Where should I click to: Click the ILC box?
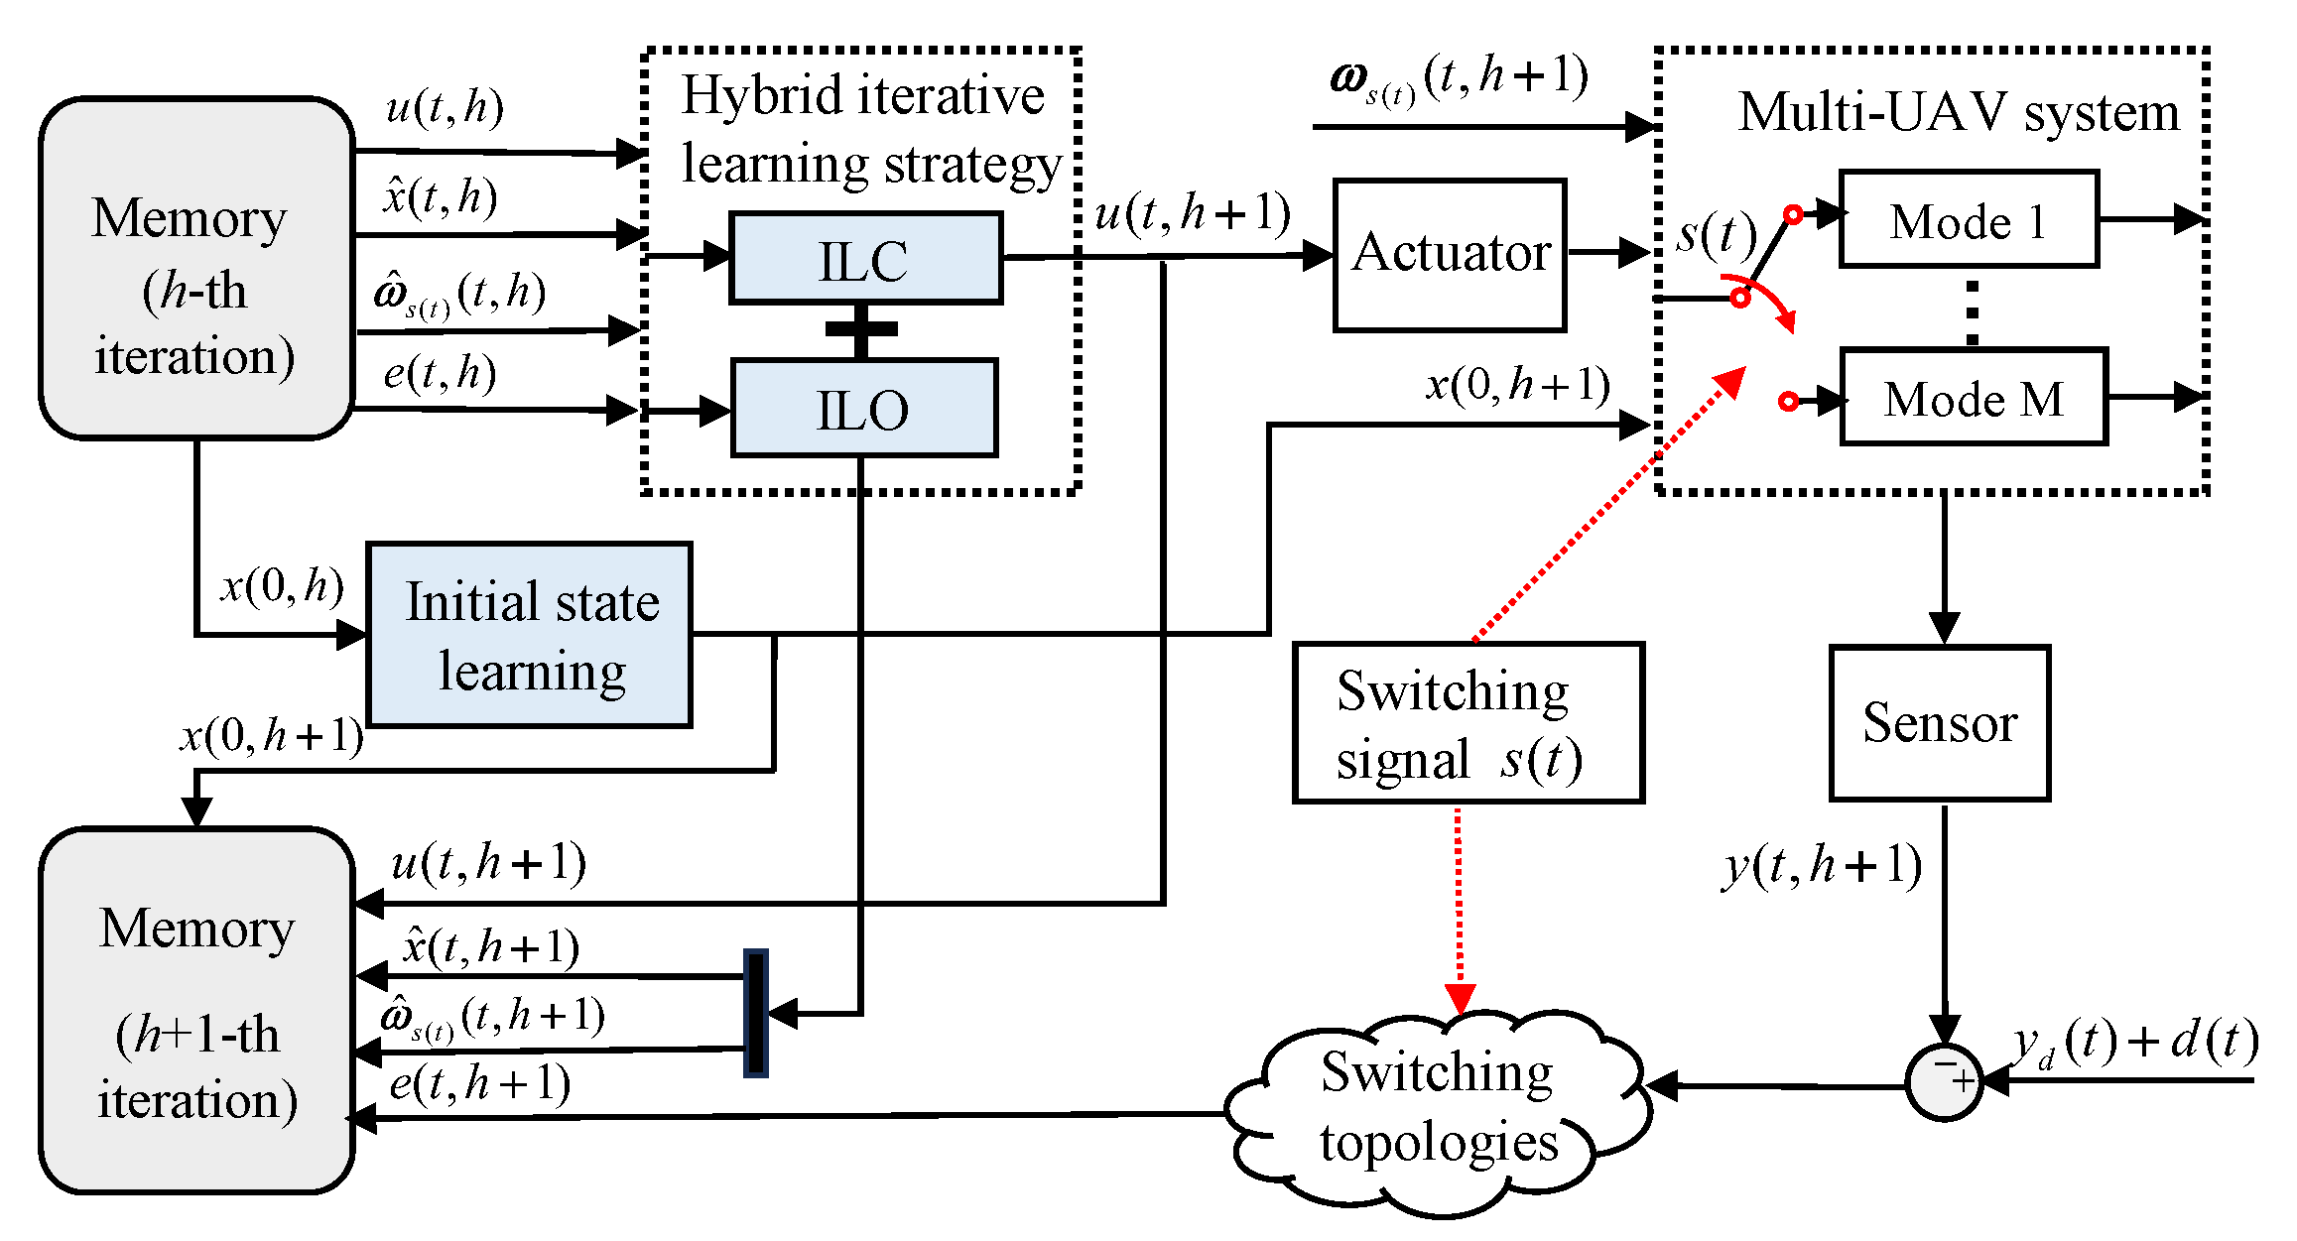pyautogui.click(x=864, y=259)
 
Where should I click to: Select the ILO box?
pyautogui.click(x=863, y=409)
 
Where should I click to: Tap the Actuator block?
pyautogui.click(x=1450, y=254)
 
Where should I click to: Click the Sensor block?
pyautogui.click(x=1940, y=723)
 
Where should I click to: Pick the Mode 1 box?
pyautogui.click(x=1969, y=220)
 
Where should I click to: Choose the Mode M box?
pyautogui.click(x=1974, y=398)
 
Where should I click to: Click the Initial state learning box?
pyautogui.click(x=530, y=636)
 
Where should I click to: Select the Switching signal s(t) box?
pyautogui.click(x=1468, y=723)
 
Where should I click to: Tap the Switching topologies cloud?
pyautogui.click(x=1439, y=1108)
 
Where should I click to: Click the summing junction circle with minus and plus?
pyautogui.click(x=1944, y=1082)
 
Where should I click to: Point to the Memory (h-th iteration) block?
pyautogui.click(x=196, y=268)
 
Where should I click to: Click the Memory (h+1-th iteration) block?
pyautogui.click(x=196, y=1010)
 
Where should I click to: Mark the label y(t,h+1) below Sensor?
pyautogui.click(x=1822, y=865)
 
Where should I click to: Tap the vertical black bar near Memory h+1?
pyautogui.click(x=756, y=1013)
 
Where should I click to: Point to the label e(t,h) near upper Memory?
pyautogui.click(x=440, y=374)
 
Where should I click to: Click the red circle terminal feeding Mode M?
pyautogui.click(x=1788, y=401)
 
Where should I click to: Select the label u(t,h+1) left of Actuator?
pyautogui.click(x=1192, y=214)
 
